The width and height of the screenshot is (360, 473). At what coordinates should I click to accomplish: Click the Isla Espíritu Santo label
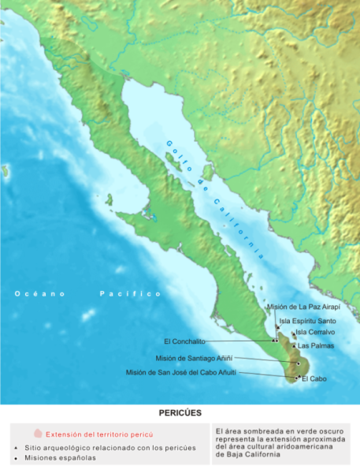(307, 321)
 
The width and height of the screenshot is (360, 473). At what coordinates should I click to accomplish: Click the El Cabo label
(313, 379)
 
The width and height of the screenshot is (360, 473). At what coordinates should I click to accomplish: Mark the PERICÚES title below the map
(180, 412)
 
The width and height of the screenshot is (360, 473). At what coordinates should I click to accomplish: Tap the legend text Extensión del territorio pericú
(98, 434)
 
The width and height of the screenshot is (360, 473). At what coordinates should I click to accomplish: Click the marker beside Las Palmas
(294, 346)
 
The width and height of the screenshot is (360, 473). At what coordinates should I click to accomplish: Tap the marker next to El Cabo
(297, 378)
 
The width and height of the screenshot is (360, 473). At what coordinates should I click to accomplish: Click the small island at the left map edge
(4, 169)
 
